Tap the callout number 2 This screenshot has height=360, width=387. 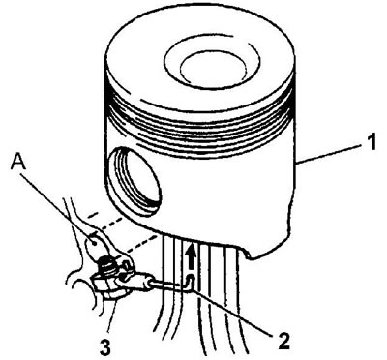283,341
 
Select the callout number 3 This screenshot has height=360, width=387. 106,347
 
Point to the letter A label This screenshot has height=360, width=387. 18,163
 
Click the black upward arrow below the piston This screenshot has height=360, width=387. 193,256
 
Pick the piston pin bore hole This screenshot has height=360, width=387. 134,182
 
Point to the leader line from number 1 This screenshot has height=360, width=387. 329,155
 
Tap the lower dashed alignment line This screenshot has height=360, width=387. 138,245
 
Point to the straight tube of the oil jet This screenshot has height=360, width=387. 169,284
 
